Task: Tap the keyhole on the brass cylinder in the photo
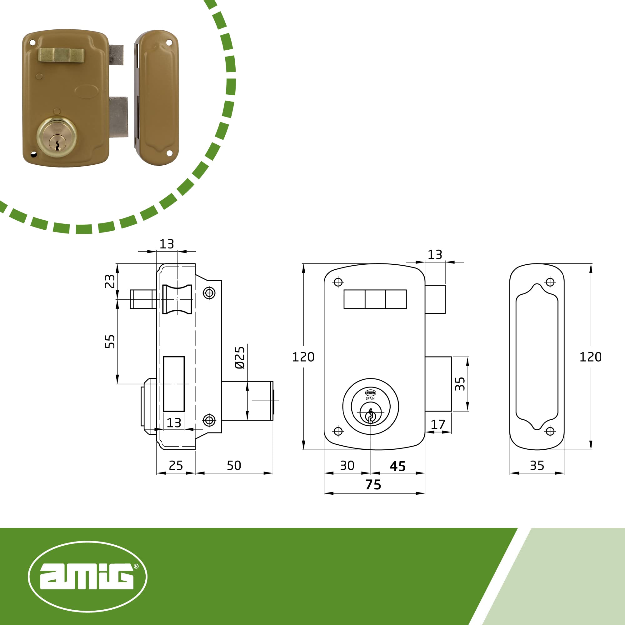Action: point(57,145)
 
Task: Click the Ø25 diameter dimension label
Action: point(240,358)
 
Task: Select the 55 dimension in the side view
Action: point(110,341)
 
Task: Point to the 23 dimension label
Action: point(110,281)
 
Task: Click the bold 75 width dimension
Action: point(373,485)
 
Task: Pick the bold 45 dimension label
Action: point(397,466)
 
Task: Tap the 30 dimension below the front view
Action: point(347,466)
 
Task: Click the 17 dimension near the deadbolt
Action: point(438,424)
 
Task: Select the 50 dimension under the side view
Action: point(234,466)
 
